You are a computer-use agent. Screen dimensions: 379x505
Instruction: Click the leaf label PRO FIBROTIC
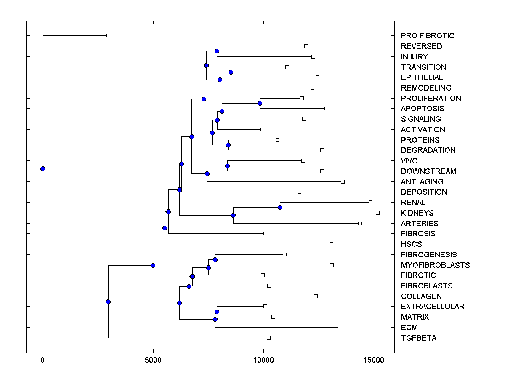pyautogui.click(x=428, y=36)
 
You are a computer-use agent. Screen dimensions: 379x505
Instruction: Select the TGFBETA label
pyautogui.click(x=419, y=338)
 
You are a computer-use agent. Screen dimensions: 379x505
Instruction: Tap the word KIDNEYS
pyautogui.click(x=417, y=213)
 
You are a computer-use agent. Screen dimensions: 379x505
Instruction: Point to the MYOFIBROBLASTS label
pyautogui.click(x=435, y=265)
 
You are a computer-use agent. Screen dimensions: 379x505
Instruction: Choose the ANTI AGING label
pyautogui.click(x=422, y=182)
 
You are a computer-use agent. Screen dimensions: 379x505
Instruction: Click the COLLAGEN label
pyautogui.click(x=421, y=296)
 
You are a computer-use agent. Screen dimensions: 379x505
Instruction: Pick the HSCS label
pyautogui.click(x=411, y=244)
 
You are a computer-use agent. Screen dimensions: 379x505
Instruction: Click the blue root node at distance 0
pyautogui.click(x=43, y=169)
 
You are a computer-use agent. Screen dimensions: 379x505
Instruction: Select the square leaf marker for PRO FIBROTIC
pyautogui.click(x=108, y=36)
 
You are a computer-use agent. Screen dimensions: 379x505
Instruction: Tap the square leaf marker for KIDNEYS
pyautogui.click(x=377, y=213)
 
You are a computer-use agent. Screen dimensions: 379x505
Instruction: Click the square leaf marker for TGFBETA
pyautogui.click(x=269, y=338)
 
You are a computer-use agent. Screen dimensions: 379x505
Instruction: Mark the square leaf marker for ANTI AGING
pyautogui.click(x=343, y=181)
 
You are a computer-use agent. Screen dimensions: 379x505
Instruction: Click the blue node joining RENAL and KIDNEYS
pyautogui.click(x=280, y=207)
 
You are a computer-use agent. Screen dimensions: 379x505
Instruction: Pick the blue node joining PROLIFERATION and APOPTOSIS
pyautogui.click(x=260, y=103)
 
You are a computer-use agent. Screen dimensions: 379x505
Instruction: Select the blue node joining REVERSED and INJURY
pyautogui.click(x=217, y=51)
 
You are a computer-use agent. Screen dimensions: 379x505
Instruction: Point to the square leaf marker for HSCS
pyautogui.click(x=331, y=244)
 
